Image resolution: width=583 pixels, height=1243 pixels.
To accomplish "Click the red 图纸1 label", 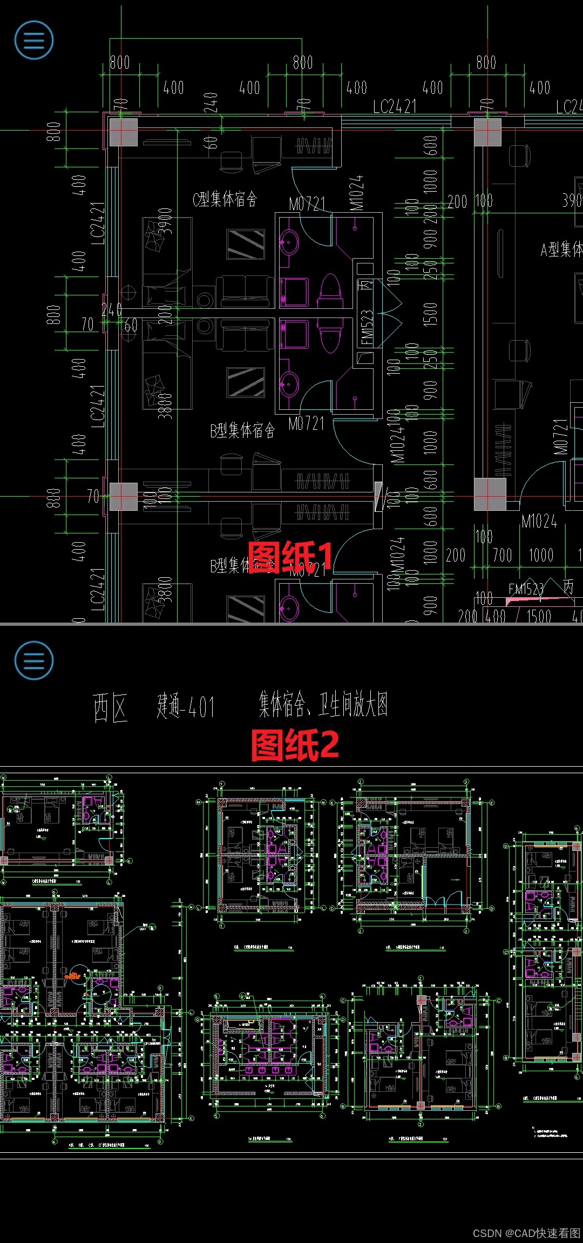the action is pyautogui.click(x=290, y=557).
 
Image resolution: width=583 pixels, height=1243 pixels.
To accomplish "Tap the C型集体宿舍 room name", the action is pyautogui.click(x=225, y=199).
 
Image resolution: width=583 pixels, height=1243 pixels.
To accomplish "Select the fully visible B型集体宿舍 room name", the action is pyautogui.click(x=242, y=430).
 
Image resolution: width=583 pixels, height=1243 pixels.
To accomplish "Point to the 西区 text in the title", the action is pyautogui.click(x=110, y=707).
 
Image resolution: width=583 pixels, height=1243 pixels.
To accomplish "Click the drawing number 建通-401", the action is pyautogui.click(x=186, y=707).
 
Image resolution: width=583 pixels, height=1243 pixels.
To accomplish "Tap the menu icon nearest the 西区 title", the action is pyautogui.click(x=34, y=660).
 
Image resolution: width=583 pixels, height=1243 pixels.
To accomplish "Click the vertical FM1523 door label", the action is pyautogui.click(x=367, y=327).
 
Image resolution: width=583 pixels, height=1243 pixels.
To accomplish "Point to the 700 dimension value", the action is pyautogui.click(x=502, y=555).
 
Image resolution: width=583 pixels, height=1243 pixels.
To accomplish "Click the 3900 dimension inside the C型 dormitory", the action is pyautogui.click(x=165, y=221).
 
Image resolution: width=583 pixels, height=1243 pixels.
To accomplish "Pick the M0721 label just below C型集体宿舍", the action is pyautogui.click(x=307, y=204).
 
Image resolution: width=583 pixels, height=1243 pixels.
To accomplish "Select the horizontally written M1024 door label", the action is pyautogui.click(x=539, y=521).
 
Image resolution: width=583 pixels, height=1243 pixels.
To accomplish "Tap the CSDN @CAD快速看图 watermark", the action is pyautogui.click(x=526, y=1233).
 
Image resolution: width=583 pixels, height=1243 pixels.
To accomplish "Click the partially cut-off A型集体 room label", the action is pyautogui.click(x=561, y=249).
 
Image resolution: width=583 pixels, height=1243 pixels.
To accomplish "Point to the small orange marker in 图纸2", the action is pyautogui.click(x=73, y=976).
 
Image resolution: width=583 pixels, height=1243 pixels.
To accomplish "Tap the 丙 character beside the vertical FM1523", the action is pyautogui.click(x=366, y=284).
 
